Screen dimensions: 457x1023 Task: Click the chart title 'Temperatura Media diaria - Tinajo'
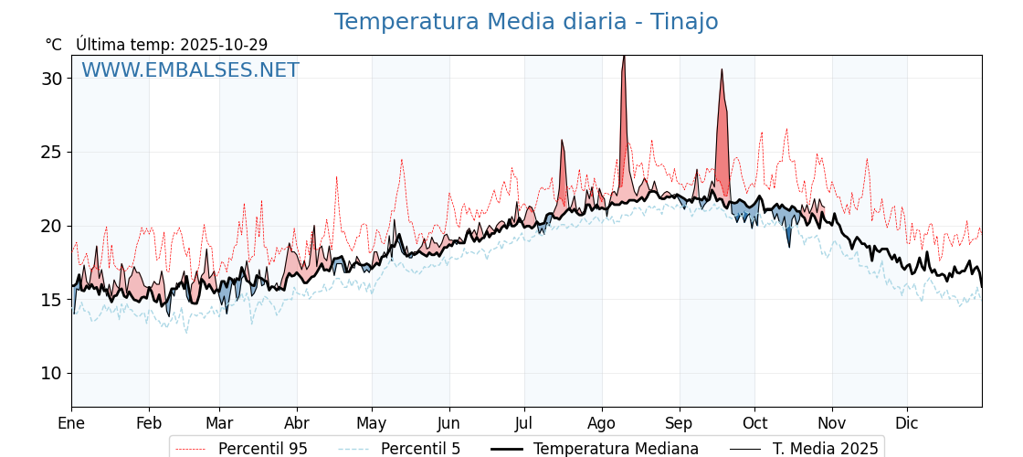click(525, 22)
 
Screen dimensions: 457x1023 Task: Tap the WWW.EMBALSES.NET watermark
click(190, 70)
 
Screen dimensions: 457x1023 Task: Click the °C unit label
click(54, 45)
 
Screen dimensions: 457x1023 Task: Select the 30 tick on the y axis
click(52, 79)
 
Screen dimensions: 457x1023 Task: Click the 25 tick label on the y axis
click(52, 152)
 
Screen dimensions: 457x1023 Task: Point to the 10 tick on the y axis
click(52, 373)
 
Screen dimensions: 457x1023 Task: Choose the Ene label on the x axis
click(71, 423)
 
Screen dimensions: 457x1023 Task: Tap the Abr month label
click(297, 423)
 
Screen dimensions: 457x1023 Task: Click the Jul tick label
click(524, 423)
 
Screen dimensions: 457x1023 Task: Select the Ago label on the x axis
click(602, 423)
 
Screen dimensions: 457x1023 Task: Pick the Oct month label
click(754, 423)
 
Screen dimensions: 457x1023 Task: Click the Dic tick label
click(907, 423)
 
